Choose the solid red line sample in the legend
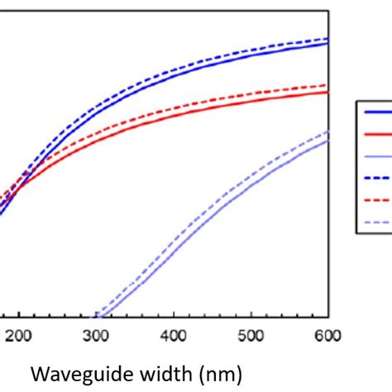pos(376,135)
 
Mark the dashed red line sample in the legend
pos(376,199)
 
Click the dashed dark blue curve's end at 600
pos(328,38)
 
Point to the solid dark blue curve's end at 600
pos(328,43)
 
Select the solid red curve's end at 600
pos(328,92)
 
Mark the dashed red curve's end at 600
pos(328,84)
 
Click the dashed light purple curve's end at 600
pos(328,131)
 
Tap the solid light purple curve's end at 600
pos(328,140)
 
